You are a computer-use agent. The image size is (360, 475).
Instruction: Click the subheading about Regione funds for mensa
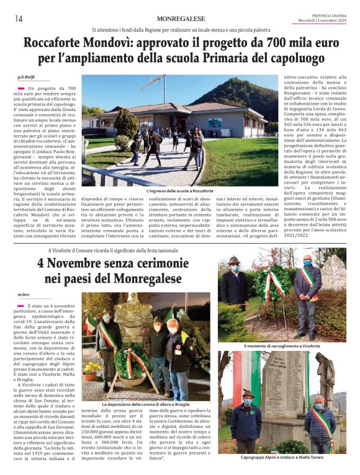pos(181,30)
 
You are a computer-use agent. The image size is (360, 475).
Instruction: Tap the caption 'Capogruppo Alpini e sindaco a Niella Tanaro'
pos(281,458)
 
